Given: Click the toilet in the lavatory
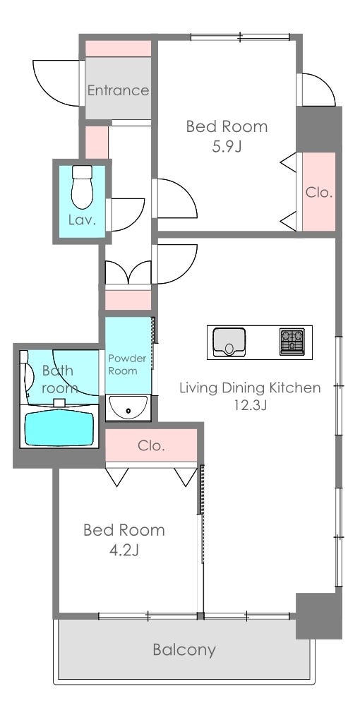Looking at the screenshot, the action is [x=82, y=187].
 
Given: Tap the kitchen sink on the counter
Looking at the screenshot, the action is [x=229, y=342].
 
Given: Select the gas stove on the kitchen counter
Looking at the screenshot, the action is [x=292, y=342].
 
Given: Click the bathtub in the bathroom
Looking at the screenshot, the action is [x=60, y=428].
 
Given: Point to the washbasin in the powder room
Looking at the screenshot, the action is [x=128, y=408].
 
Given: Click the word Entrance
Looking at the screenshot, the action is [x=118, y=90].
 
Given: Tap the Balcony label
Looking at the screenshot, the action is [x=184, y=650].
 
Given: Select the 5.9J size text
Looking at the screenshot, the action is [x=227, y=147].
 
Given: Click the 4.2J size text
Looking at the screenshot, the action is [x=124, y=551].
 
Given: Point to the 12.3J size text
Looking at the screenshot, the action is [x=250, y=405].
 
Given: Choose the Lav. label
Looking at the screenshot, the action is [x=82, y=221].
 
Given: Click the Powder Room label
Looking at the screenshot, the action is [x=127, y=365].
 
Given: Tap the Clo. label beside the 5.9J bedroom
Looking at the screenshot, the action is [x=318, y=193].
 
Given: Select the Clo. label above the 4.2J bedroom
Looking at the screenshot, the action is [x=151, y=445].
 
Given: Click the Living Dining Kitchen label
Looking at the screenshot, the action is [x=250, y=387].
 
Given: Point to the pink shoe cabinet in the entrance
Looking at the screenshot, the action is [x=118, y=49].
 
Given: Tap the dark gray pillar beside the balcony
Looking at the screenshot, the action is [x=319, y=615].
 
